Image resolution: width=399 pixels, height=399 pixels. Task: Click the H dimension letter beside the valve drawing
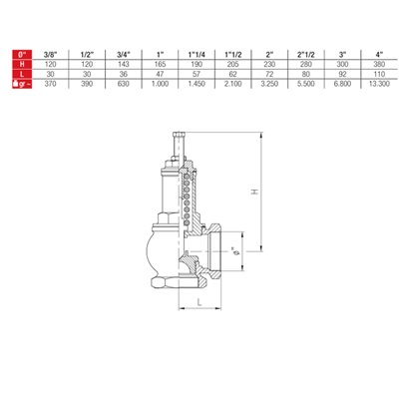click(253, 194)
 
